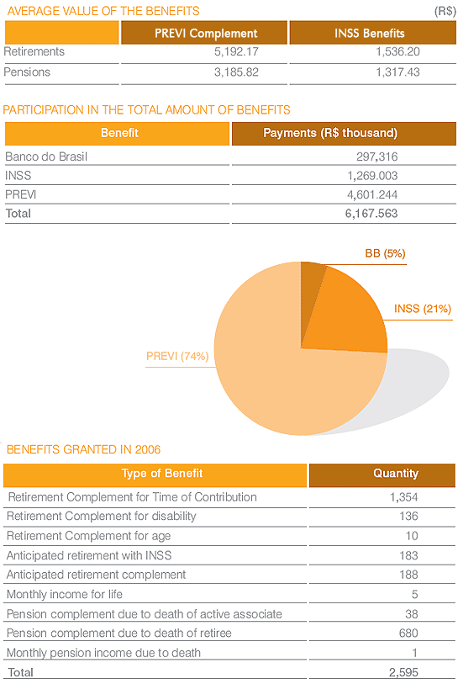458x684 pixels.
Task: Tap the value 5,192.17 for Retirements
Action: tap(236, 51)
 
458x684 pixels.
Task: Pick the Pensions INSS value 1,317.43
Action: tap(397, 72)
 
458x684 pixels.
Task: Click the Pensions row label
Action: tap(27, 72)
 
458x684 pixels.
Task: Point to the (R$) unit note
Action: tap(445, 11)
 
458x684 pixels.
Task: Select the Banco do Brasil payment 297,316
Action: tap(377, 156)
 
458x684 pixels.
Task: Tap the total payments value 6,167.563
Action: tap(371, 214)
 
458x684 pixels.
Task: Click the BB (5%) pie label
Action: tap(385, 253)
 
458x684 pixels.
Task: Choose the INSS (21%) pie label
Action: tap(422, 309)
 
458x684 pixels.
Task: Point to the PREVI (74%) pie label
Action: tap(177, 357)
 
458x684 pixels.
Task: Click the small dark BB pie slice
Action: tap(311, 284)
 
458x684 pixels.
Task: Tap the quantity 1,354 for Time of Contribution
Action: tap(404, 497)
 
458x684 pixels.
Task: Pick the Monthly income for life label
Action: tap(65, 594)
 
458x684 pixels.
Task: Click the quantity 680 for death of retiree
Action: tap(408, 633)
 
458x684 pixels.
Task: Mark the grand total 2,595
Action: tap(403, 672)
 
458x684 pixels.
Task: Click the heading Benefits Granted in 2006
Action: tap(84, 450)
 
